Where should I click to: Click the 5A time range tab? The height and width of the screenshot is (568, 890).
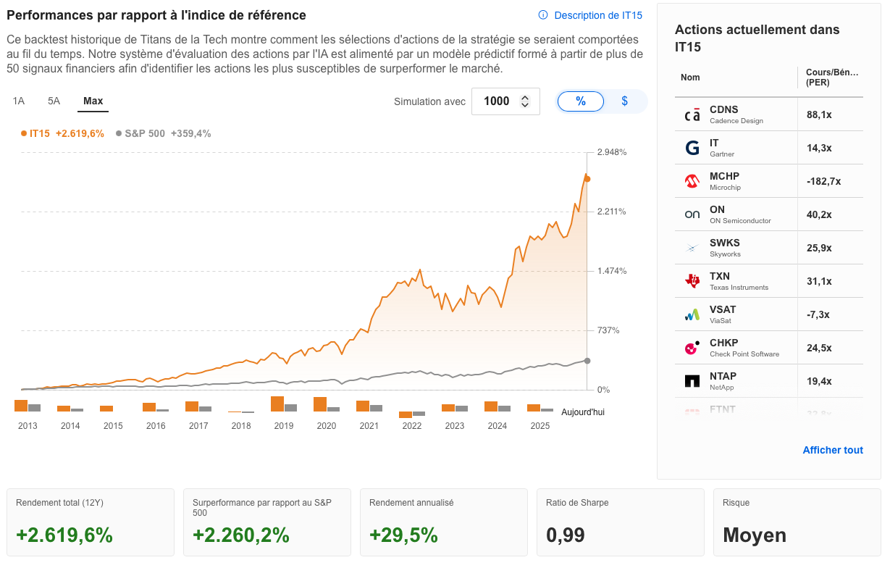(54, 101)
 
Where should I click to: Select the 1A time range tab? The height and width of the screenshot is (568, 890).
(19, 101)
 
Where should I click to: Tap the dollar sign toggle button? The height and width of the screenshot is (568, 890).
(624, 101)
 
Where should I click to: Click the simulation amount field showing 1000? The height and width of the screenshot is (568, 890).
(497, 101)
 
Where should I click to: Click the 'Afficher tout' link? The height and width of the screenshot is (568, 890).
(833, 450)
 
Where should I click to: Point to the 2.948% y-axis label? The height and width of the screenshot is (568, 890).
(611, 152)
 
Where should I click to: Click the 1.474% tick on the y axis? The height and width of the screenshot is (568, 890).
(611, 271)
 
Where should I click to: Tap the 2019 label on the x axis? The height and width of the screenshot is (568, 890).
(284, 426)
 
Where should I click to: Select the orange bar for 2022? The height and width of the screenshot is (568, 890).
(406, 414)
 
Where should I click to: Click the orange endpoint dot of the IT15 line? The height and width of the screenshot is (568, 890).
(587, 179)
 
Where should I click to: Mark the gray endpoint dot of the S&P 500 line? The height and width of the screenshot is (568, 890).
(587, 361)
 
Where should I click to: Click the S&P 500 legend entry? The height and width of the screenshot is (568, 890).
(145, 133)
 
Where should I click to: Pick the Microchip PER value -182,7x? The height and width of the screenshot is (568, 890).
(823, 181)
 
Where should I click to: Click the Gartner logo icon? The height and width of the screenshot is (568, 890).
(692, 148)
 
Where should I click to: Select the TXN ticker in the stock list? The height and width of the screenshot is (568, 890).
(720, 276)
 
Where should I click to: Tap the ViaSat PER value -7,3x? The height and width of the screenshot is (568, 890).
(818, 314)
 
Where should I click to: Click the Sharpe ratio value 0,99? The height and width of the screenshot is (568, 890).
(565, 535)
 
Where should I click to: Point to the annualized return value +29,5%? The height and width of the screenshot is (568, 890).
(403, 535)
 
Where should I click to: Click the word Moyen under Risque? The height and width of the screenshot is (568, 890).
(755, 535)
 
